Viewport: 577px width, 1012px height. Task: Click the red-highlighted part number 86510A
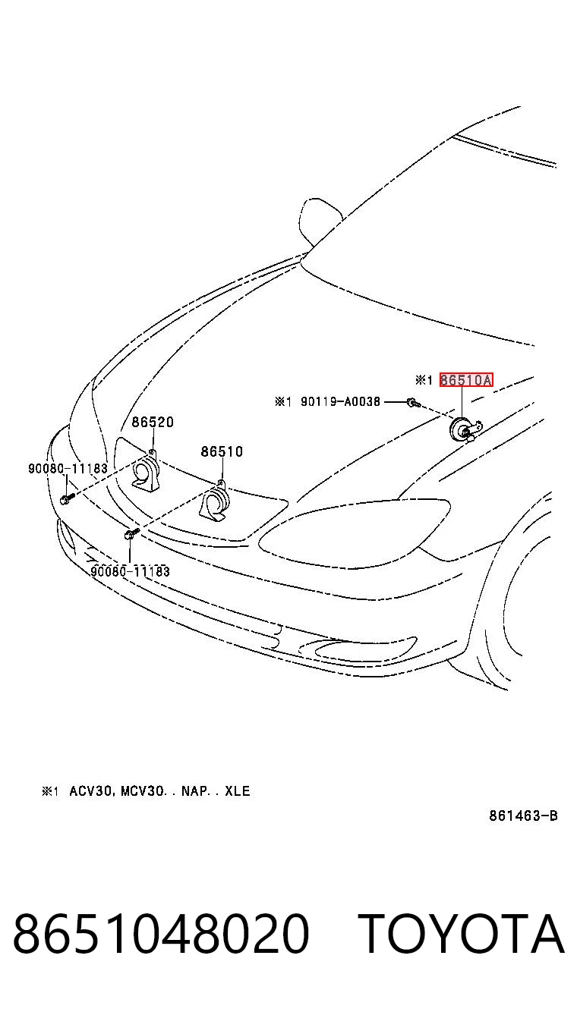pyautogui.click(x=465, y=380)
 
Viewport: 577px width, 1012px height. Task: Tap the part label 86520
pyautogui.click(x=153, y=422)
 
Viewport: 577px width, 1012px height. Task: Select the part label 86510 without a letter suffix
pyautogui.click(x=222, y=451)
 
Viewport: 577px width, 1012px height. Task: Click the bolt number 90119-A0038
pyautogui.click(x=340, y=401)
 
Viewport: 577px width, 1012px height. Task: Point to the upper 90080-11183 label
pyautogui.click(x=68, y=468)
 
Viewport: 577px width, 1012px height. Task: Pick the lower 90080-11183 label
pyautogui.click(x=131, y=571)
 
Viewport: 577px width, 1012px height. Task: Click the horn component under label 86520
pyautogui.click(x=145, y=472)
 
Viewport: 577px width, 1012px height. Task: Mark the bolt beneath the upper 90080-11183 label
pyautogui.click(x=65, y=499)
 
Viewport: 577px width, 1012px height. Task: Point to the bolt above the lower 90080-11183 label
pyautogui.click(x=130, y=535)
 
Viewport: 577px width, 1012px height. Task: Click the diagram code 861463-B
pyautogui.click(x=523, y=816)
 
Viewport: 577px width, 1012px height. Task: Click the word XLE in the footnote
pyautogui.click(x=238, y=791)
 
